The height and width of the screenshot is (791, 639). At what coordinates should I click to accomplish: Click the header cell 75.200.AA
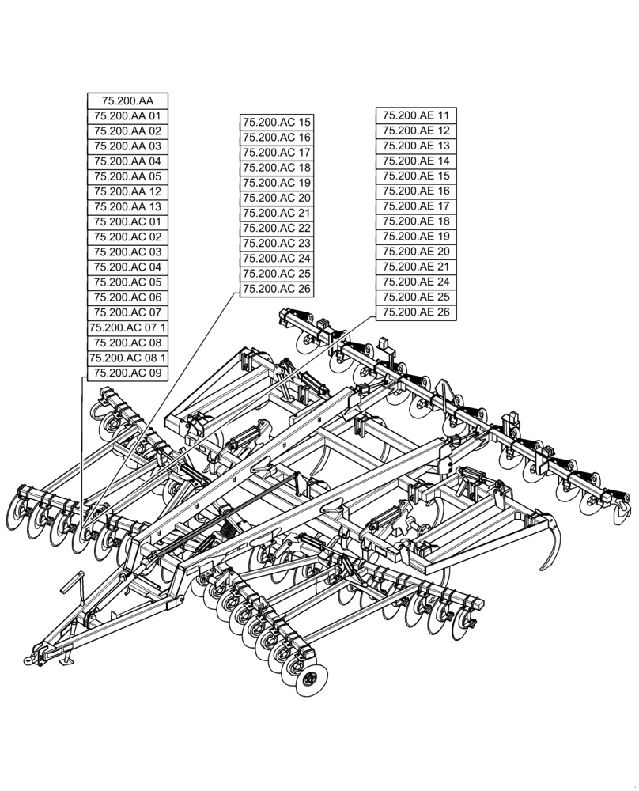click(127, 100)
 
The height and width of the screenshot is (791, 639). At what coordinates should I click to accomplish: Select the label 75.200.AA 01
click(127, 115)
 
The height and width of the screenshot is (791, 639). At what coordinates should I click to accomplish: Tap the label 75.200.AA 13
click(127, 206)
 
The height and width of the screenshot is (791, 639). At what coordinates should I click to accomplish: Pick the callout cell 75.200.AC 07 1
click(127, 327)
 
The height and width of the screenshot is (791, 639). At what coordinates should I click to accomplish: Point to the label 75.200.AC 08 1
click(127, 358)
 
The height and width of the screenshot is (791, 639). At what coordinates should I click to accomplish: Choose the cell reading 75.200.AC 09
click(127, 373)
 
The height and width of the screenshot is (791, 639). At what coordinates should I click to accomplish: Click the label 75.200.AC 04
click(127, 267)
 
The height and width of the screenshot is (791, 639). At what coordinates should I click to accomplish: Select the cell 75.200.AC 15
click(277, 123)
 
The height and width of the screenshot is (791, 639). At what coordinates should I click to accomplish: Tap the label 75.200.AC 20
click(277, 198)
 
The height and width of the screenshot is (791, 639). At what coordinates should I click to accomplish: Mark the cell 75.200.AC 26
click(277, 289)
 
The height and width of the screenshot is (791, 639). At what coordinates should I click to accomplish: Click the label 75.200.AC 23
click(277, 244)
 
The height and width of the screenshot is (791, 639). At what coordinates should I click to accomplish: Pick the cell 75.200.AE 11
click(416, 115)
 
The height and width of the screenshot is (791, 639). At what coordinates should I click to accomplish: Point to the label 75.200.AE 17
click(416, 206)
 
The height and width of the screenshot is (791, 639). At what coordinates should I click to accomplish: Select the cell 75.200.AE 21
click(416, 267)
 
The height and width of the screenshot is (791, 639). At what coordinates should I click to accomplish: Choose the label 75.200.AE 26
click(416, 312)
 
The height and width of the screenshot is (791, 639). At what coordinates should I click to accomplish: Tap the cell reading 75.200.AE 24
click(416, 282)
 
